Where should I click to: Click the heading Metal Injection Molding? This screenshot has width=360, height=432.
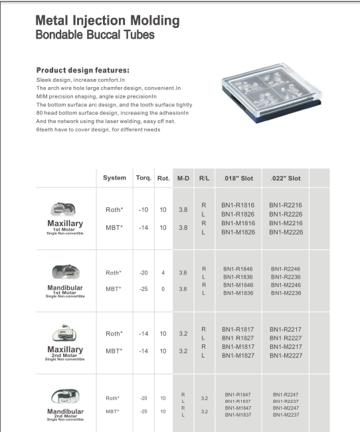click(108, 21)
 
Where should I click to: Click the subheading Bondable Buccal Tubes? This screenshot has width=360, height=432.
click(94, 35)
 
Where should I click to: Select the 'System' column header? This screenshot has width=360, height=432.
click(114, 178)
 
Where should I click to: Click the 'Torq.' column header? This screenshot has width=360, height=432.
click(143, 178)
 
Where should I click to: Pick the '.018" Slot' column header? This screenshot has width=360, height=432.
click(238, 178)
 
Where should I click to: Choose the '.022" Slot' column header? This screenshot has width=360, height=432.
click(286, 178)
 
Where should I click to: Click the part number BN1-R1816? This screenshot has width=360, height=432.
click(237, 206)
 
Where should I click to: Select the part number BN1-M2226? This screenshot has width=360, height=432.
click(286, 232)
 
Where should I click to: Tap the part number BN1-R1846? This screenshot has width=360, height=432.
click(237, 269)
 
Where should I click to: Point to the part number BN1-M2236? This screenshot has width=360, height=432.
click(286, 293)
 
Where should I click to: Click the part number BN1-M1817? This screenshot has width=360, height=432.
click(237, 346)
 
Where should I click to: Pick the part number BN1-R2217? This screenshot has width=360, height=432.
click(286, 329)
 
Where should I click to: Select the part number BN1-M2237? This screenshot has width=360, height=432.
click(286, 415)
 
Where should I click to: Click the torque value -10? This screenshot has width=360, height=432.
click(143, 210)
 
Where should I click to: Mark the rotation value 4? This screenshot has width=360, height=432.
click(163, 272)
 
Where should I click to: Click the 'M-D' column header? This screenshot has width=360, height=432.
click(183, 178)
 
